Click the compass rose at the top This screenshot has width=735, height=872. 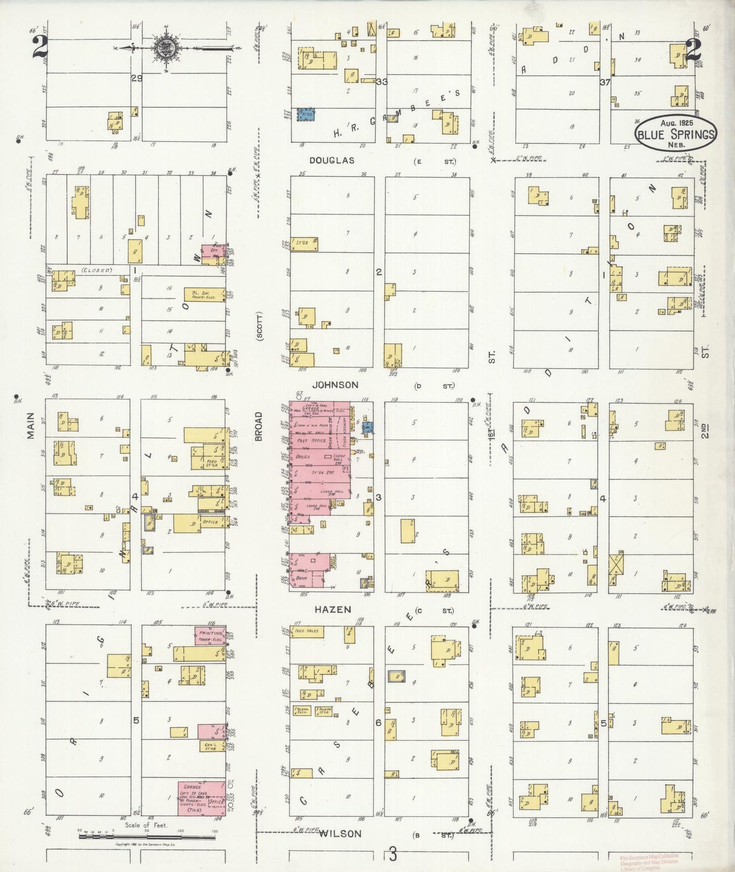168,48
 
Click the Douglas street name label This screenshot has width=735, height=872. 332,161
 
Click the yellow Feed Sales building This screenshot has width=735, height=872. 307,631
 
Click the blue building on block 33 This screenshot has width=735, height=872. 306,114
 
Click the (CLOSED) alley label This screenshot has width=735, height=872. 96,270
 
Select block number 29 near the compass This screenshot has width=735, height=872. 136,78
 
